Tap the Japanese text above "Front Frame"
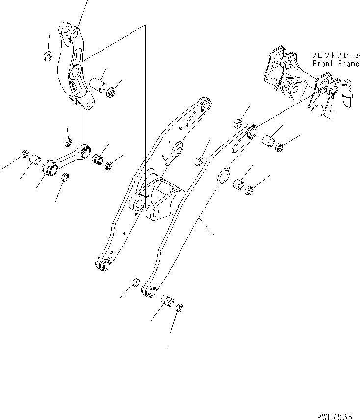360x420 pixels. pyautogui.click(x=334, y=56)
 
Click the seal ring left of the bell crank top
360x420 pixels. pyautogui.click(x=48, y=56)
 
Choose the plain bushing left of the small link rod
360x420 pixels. pyautogui.click(x=35, y=160)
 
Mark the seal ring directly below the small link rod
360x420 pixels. pyautogui.click(x=64, y=177)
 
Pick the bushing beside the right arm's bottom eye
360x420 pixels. pyautogui.click(x=168, y=300)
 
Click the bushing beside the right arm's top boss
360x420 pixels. pyautogui.click(x=268, y=142)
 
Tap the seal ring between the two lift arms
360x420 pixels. pyautogui.click(x=200, y=160)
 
